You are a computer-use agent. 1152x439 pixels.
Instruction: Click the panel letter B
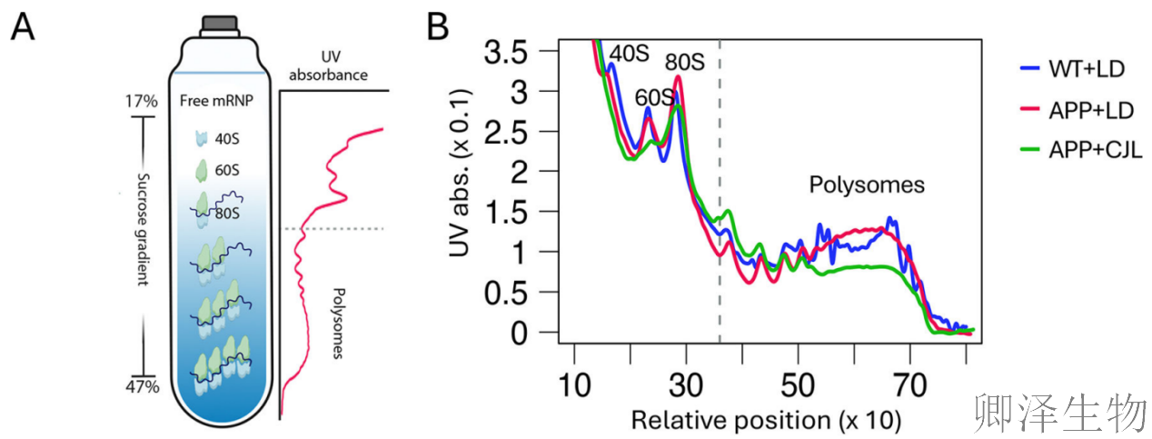(x=438, y=28)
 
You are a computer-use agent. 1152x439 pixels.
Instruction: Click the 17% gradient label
(x=142, y=100)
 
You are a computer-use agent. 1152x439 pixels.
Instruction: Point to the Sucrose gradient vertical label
(x=142, y=232)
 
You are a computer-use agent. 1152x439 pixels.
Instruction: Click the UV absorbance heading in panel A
(x=329, y=66)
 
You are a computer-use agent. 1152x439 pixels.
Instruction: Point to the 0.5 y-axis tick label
(x=523, y=292)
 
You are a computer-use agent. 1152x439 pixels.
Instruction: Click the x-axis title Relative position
(x=766, y=420)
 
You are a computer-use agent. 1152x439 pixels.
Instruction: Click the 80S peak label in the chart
(x=684, y=64)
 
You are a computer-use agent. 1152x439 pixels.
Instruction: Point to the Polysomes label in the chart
(x=867, y=185)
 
